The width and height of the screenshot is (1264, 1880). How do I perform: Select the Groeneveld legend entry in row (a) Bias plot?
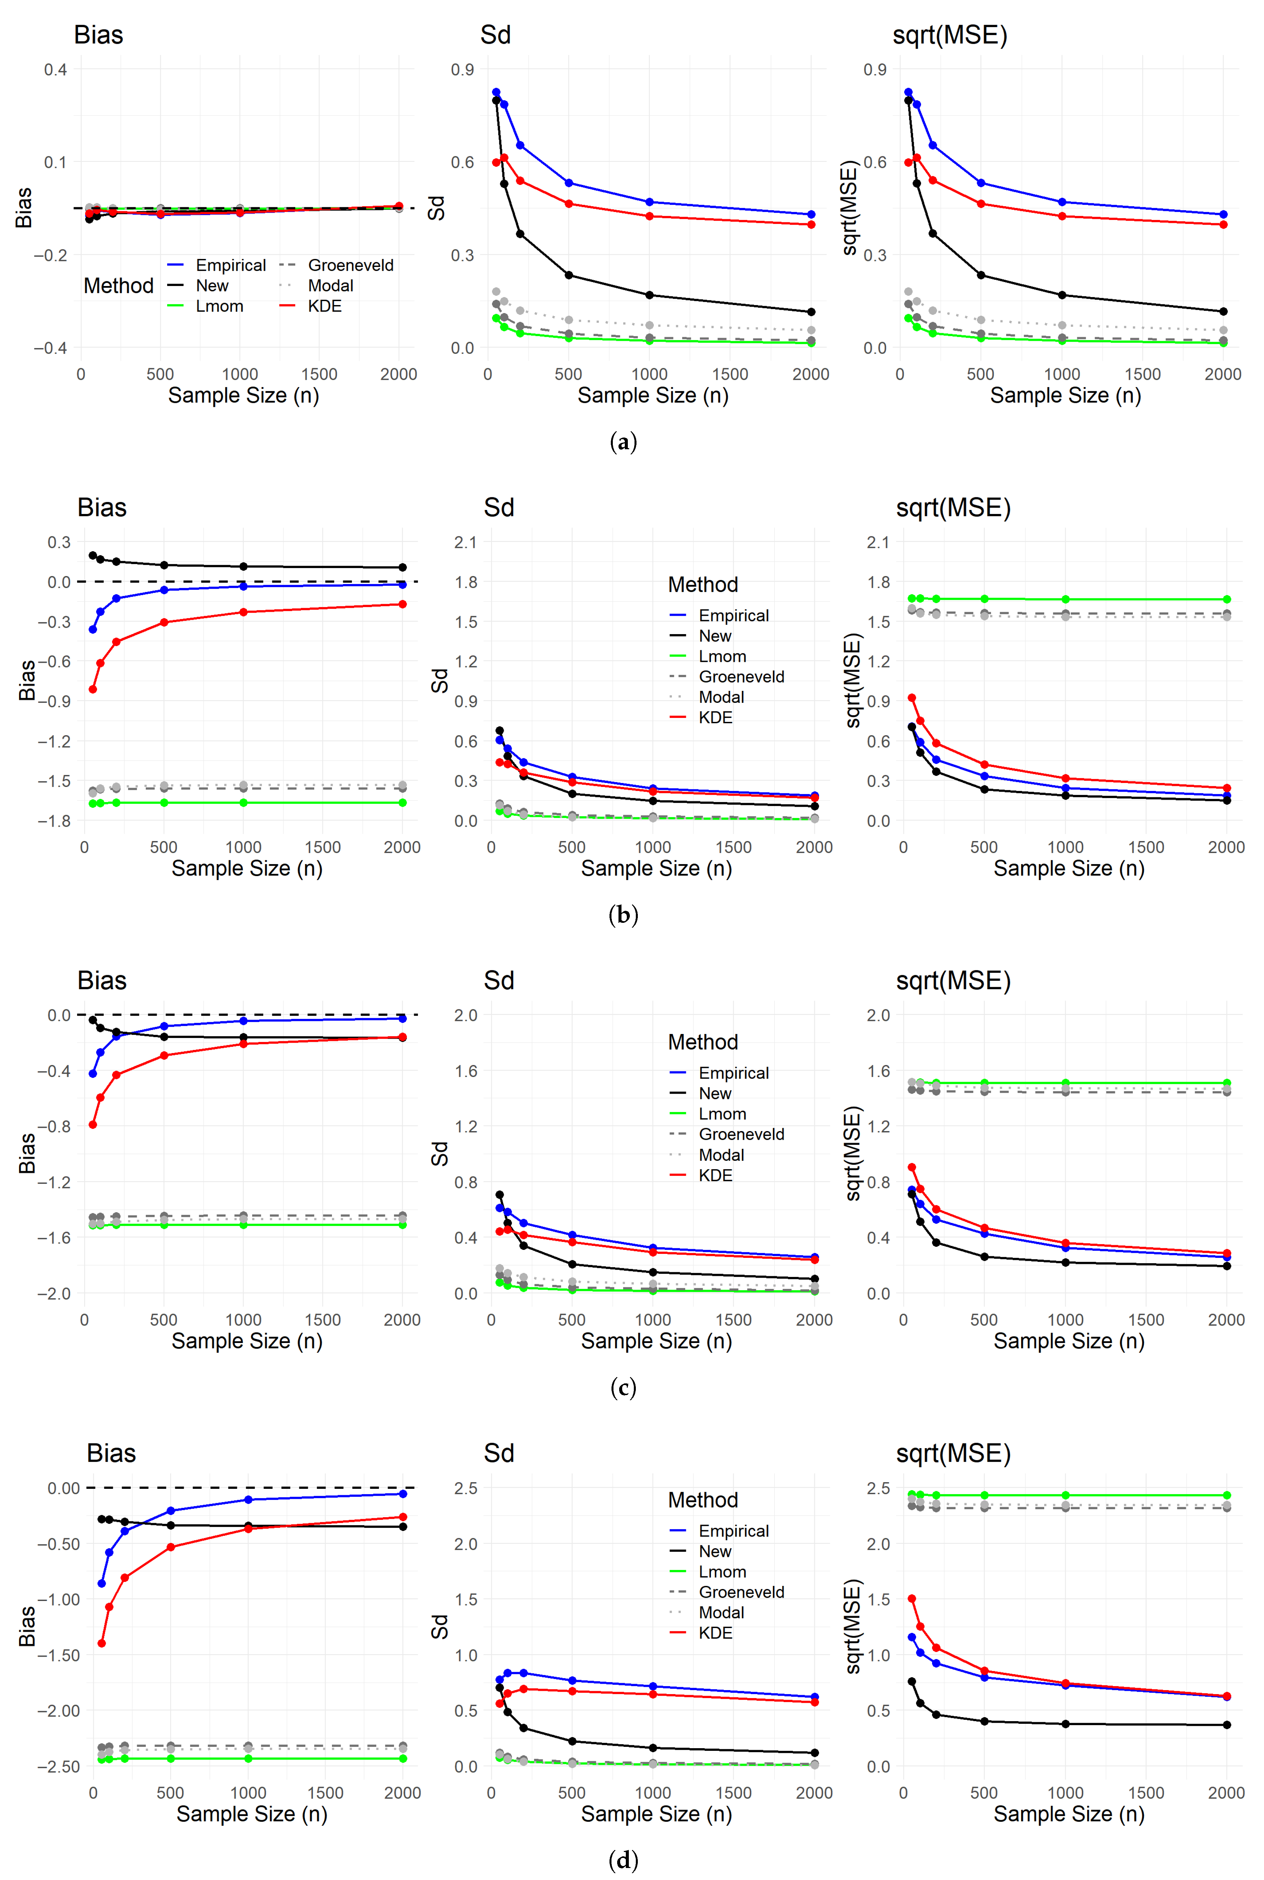click(x=350, y=265)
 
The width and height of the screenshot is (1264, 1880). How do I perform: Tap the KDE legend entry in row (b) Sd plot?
click(x=715, y=718)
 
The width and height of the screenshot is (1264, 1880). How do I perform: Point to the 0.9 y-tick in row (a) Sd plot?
click(x=462, y=69)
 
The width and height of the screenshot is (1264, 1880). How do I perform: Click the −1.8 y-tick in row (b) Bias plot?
click(x=54, y=821)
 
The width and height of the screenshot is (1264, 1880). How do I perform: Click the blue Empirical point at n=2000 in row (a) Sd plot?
click(x=811, y=215)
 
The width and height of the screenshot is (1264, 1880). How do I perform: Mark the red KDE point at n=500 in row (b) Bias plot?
click(x=164, y=623)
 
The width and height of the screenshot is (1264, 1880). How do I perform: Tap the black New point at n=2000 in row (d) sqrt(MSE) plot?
click(x=1227, y=1725)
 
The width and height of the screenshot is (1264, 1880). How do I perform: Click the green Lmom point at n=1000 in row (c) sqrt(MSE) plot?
click(x=1066, y=1083)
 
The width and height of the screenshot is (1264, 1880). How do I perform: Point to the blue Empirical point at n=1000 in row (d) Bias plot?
click(x=248, y=1499)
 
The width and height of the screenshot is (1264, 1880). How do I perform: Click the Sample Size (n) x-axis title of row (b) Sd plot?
click(x=656, y=869)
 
